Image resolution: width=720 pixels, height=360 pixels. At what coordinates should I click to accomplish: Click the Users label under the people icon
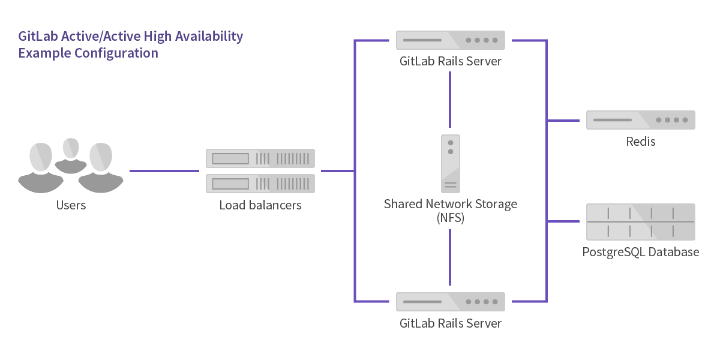(x=71, y=205)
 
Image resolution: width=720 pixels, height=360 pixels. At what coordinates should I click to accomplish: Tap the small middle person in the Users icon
(x=71, y=154)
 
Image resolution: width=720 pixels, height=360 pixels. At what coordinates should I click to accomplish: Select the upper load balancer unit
(x=260, y=158)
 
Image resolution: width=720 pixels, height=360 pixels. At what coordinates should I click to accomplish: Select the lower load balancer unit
(x=260, y=184)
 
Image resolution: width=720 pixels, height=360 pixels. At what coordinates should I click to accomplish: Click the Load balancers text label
(x=260, y=206)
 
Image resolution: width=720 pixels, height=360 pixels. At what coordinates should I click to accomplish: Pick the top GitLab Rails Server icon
(x=450, y=40)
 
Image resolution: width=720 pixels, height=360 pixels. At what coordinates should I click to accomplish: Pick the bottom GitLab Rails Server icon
(x=450, y=302)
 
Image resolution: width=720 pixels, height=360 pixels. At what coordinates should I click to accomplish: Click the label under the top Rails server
(x=450, y=61)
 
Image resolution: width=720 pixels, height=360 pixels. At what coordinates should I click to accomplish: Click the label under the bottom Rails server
(x=450, y=323)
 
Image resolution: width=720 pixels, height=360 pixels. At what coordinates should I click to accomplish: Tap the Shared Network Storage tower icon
(x=451, y=163)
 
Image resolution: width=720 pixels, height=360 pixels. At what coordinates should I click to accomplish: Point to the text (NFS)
(x=450, y=218)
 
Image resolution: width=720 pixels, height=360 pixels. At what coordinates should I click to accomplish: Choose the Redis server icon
(x=640, y=120)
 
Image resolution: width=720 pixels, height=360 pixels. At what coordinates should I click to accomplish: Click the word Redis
(x=640, y=142)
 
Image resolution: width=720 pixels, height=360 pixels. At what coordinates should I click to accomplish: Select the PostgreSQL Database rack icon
(x=640, y=222)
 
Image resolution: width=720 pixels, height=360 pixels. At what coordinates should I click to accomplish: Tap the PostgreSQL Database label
(x=640, y=252)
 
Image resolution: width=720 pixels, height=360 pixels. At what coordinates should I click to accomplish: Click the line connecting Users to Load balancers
(x=164, y=172)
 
